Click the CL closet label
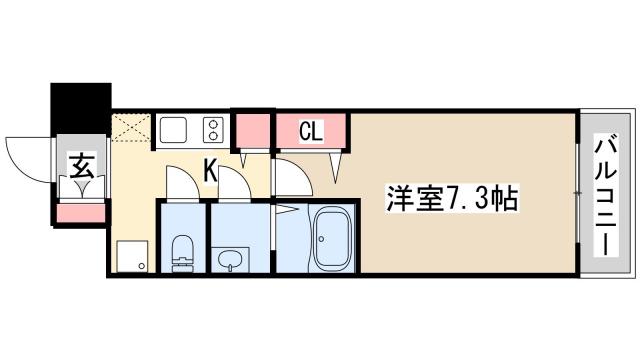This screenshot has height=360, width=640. [311, 131]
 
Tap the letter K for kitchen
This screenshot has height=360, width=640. [210, 171]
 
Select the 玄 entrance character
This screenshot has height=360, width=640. [82, 166]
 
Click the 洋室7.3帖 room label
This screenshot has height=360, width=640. [452, 199]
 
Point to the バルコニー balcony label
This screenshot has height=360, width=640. [607, 194]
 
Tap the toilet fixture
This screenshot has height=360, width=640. [182, 253]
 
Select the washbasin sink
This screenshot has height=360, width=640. [231, 259]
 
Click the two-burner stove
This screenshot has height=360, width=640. [213, 130]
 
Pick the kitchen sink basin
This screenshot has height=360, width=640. [173, 130]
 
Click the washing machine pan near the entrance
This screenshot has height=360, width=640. [132, 256]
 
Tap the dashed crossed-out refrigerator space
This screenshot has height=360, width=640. [131, 128]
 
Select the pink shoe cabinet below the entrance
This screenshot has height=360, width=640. [81, 213]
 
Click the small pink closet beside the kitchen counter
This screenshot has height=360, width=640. [253, 131]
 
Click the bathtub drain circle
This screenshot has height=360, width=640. [322, 239]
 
